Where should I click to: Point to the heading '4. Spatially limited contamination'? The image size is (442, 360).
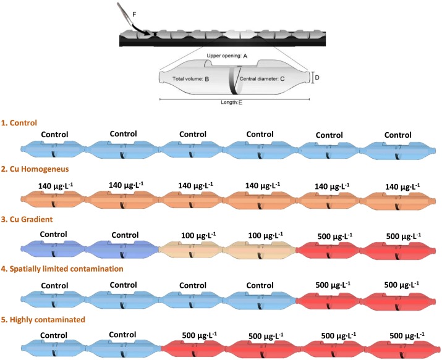72,269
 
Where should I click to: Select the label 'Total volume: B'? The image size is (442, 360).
191,80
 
